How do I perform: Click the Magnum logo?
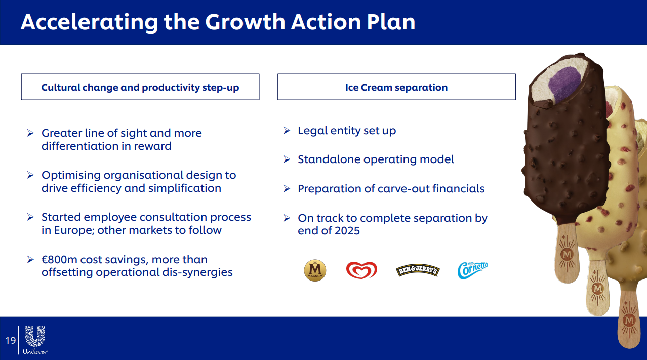click(x=315, y=270)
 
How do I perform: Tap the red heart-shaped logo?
click(x=361, y=270)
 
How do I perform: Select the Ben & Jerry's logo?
click(x=418, y=270)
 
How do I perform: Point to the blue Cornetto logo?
click(x=473, y=270)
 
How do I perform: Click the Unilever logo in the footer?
click(x=35, y=340)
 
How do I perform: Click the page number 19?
click(x=11, y=341)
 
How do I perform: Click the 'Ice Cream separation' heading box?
click(x=396, y=87)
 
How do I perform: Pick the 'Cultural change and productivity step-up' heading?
click(x=140, y=87)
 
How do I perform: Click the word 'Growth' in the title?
click(x=245, y=22)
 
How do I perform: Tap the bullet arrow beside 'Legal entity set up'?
click(x=287, y=130)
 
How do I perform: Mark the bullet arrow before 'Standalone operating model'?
click(x=287, y=159)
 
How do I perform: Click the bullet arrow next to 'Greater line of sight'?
click(x=30, y=133)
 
